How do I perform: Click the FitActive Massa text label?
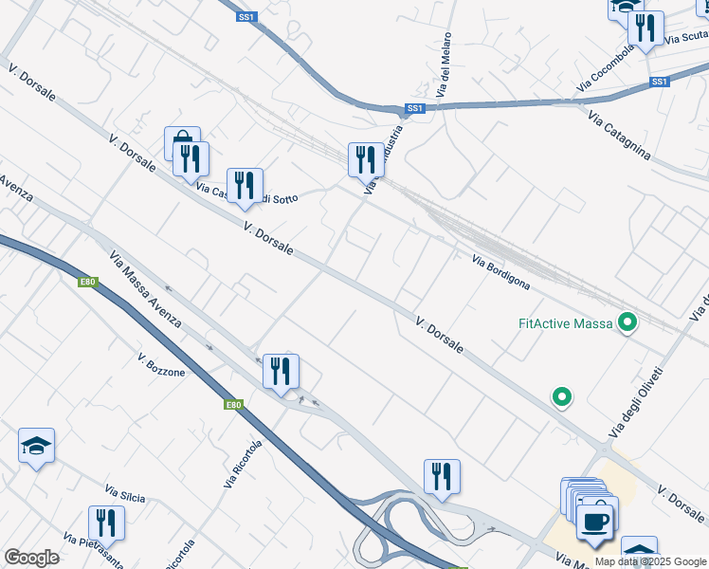[x=566, y=323]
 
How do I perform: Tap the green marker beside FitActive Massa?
[x=626, y=323]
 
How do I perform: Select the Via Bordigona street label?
[x=500, y=271]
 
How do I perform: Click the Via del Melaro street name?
[x=442, y=73]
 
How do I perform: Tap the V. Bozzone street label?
[x=161, y=365]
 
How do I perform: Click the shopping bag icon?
[x=182, y=142]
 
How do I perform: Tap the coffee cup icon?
[x=594, y=521]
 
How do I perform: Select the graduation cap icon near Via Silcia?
[x=36, y=445]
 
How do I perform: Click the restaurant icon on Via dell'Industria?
[x=366, y=159]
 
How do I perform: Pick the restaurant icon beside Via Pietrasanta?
[x=106, y=523]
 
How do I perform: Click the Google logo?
[x=31, y=558]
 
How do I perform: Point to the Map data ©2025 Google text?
[x=651, y=561]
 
